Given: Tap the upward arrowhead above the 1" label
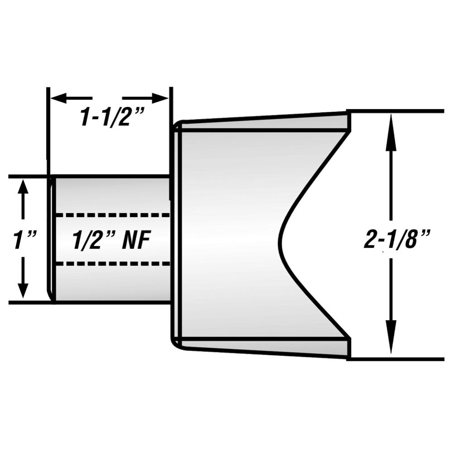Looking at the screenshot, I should tap(23, 188).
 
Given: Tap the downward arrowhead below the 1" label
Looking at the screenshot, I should tap(23, 290).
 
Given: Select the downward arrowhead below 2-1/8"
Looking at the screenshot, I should tap(392, 347).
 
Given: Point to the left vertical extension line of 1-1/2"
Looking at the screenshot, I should tap(48, 122).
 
